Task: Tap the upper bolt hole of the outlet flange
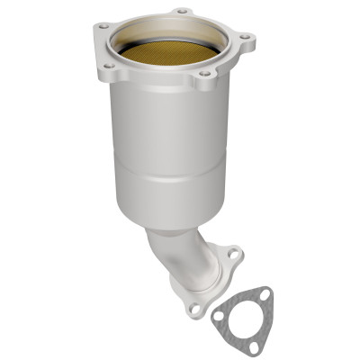(x=232, y=255)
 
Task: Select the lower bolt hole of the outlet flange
(x=194, y=308)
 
